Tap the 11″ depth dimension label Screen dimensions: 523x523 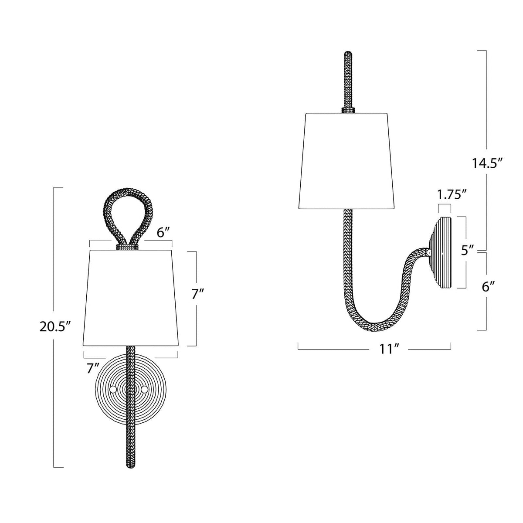[384, 349]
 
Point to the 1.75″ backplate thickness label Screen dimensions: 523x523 [449, 194]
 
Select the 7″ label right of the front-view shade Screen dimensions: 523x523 [198, 295]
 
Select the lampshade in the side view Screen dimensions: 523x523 [346, 161]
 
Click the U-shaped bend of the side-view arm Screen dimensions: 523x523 [370, 320]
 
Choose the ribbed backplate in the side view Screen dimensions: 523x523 [442, 253]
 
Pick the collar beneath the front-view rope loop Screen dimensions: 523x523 [128, 247]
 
